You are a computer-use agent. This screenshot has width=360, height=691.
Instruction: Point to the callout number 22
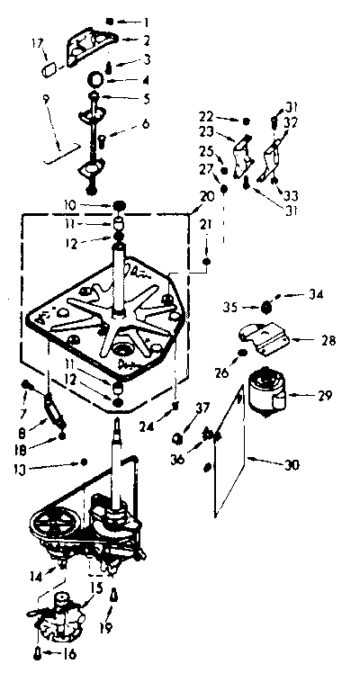(205, 118)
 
